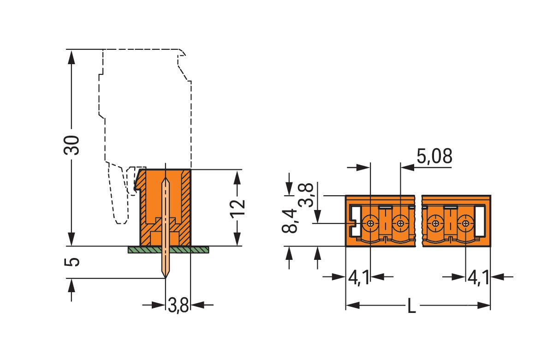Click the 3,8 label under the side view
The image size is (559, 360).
tap(178, 306)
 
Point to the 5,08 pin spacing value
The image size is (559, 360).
tap(434, 157)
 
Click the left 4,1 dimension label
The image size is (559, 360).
tap(359, 278)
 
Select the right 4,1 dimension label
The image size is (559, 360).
tap(478, 278)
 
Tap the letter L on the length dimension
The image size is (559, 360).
tap(411, 306)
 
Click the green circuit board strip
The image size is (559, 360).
tap(168, 250)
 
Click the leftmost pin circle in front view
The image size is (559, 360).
tap(370, 224)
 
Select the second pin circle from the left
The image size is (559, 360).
tap(400, 224)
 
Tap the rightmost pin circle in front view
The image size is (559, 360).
tap(466, 224)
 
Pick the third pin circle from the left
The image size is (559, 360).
tap(435, 224)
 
